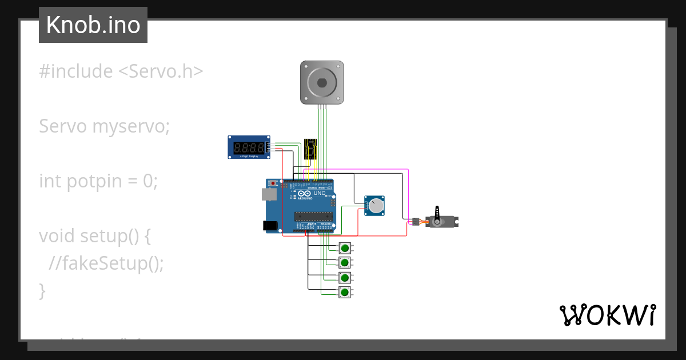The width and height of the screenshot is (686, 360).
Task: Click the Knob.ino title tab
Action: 93,25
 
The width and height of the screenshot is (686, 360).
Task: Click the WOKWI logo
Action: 607,315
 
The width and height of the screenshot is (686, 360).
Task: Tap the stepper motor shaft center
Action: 322,82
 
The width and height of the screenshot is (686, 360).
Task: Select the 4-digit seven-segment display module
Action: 249,147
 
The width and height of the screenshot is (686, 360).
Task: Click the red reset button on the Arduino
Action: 273,183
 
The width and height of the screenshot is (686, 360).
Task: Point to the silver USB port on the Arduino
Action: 268,195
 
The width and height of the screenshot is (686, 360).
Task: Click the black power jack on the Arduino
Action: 269,226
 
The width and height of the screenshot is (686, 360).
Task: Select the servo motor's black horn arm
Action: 438,215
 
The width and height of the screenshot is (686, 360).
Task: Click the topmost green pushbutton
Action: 345,248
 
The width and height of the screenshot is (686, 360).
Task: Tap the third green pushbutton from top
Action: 345,278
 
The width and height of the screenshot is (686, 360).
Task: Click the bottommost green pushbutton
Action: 345,293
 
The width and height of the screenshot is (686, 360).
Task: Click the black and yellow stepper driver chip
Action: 310,148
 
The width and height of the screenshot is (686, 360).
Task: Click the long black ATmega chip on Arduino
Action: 313,215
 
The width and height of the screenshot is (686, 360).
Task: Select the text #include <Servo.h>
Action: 121,71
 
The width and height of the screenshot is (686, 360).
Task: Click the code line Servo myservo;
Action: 104,126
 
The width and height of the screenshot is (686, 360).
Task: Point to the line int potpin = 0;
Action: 98,181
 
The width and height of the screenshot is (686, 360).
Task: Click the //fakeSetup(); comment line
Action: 106,263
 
